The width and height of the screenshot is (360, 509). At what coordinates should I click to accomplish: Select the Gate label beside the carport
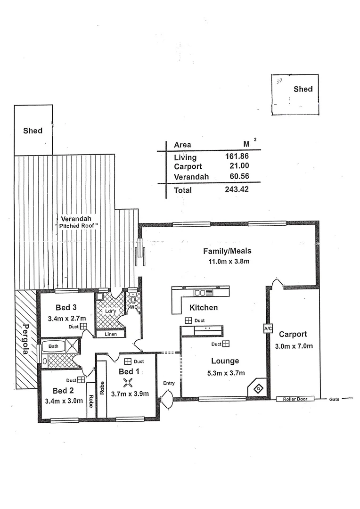[334, 399]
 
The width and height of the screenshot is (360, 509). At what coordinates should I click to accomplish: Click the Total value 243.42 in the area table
[237, 189]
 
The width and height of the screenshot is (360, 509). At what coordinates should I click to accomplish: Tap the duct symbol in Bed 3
[83, 326]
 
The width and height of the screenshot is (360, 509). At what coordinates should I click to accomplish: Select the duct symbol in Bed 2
[81, 379]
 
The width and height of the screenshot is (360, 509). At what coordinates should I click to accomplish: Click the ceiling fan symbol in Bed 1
[126, 383]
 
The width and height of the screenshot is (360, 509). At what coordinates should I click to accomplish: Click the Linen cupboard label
[111, 334]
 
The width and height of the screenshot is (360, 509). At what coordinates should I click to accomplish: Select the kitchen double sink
[200, 293]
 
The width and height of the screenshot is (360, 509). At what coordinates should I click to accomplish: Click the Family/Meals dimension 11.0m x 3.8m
[226, 261]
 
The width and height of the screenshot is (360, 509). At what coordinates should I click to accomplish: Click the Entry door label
[169, 383]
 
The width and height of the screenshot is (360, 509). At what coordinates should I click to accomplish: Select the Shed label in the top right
[303, 89]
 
